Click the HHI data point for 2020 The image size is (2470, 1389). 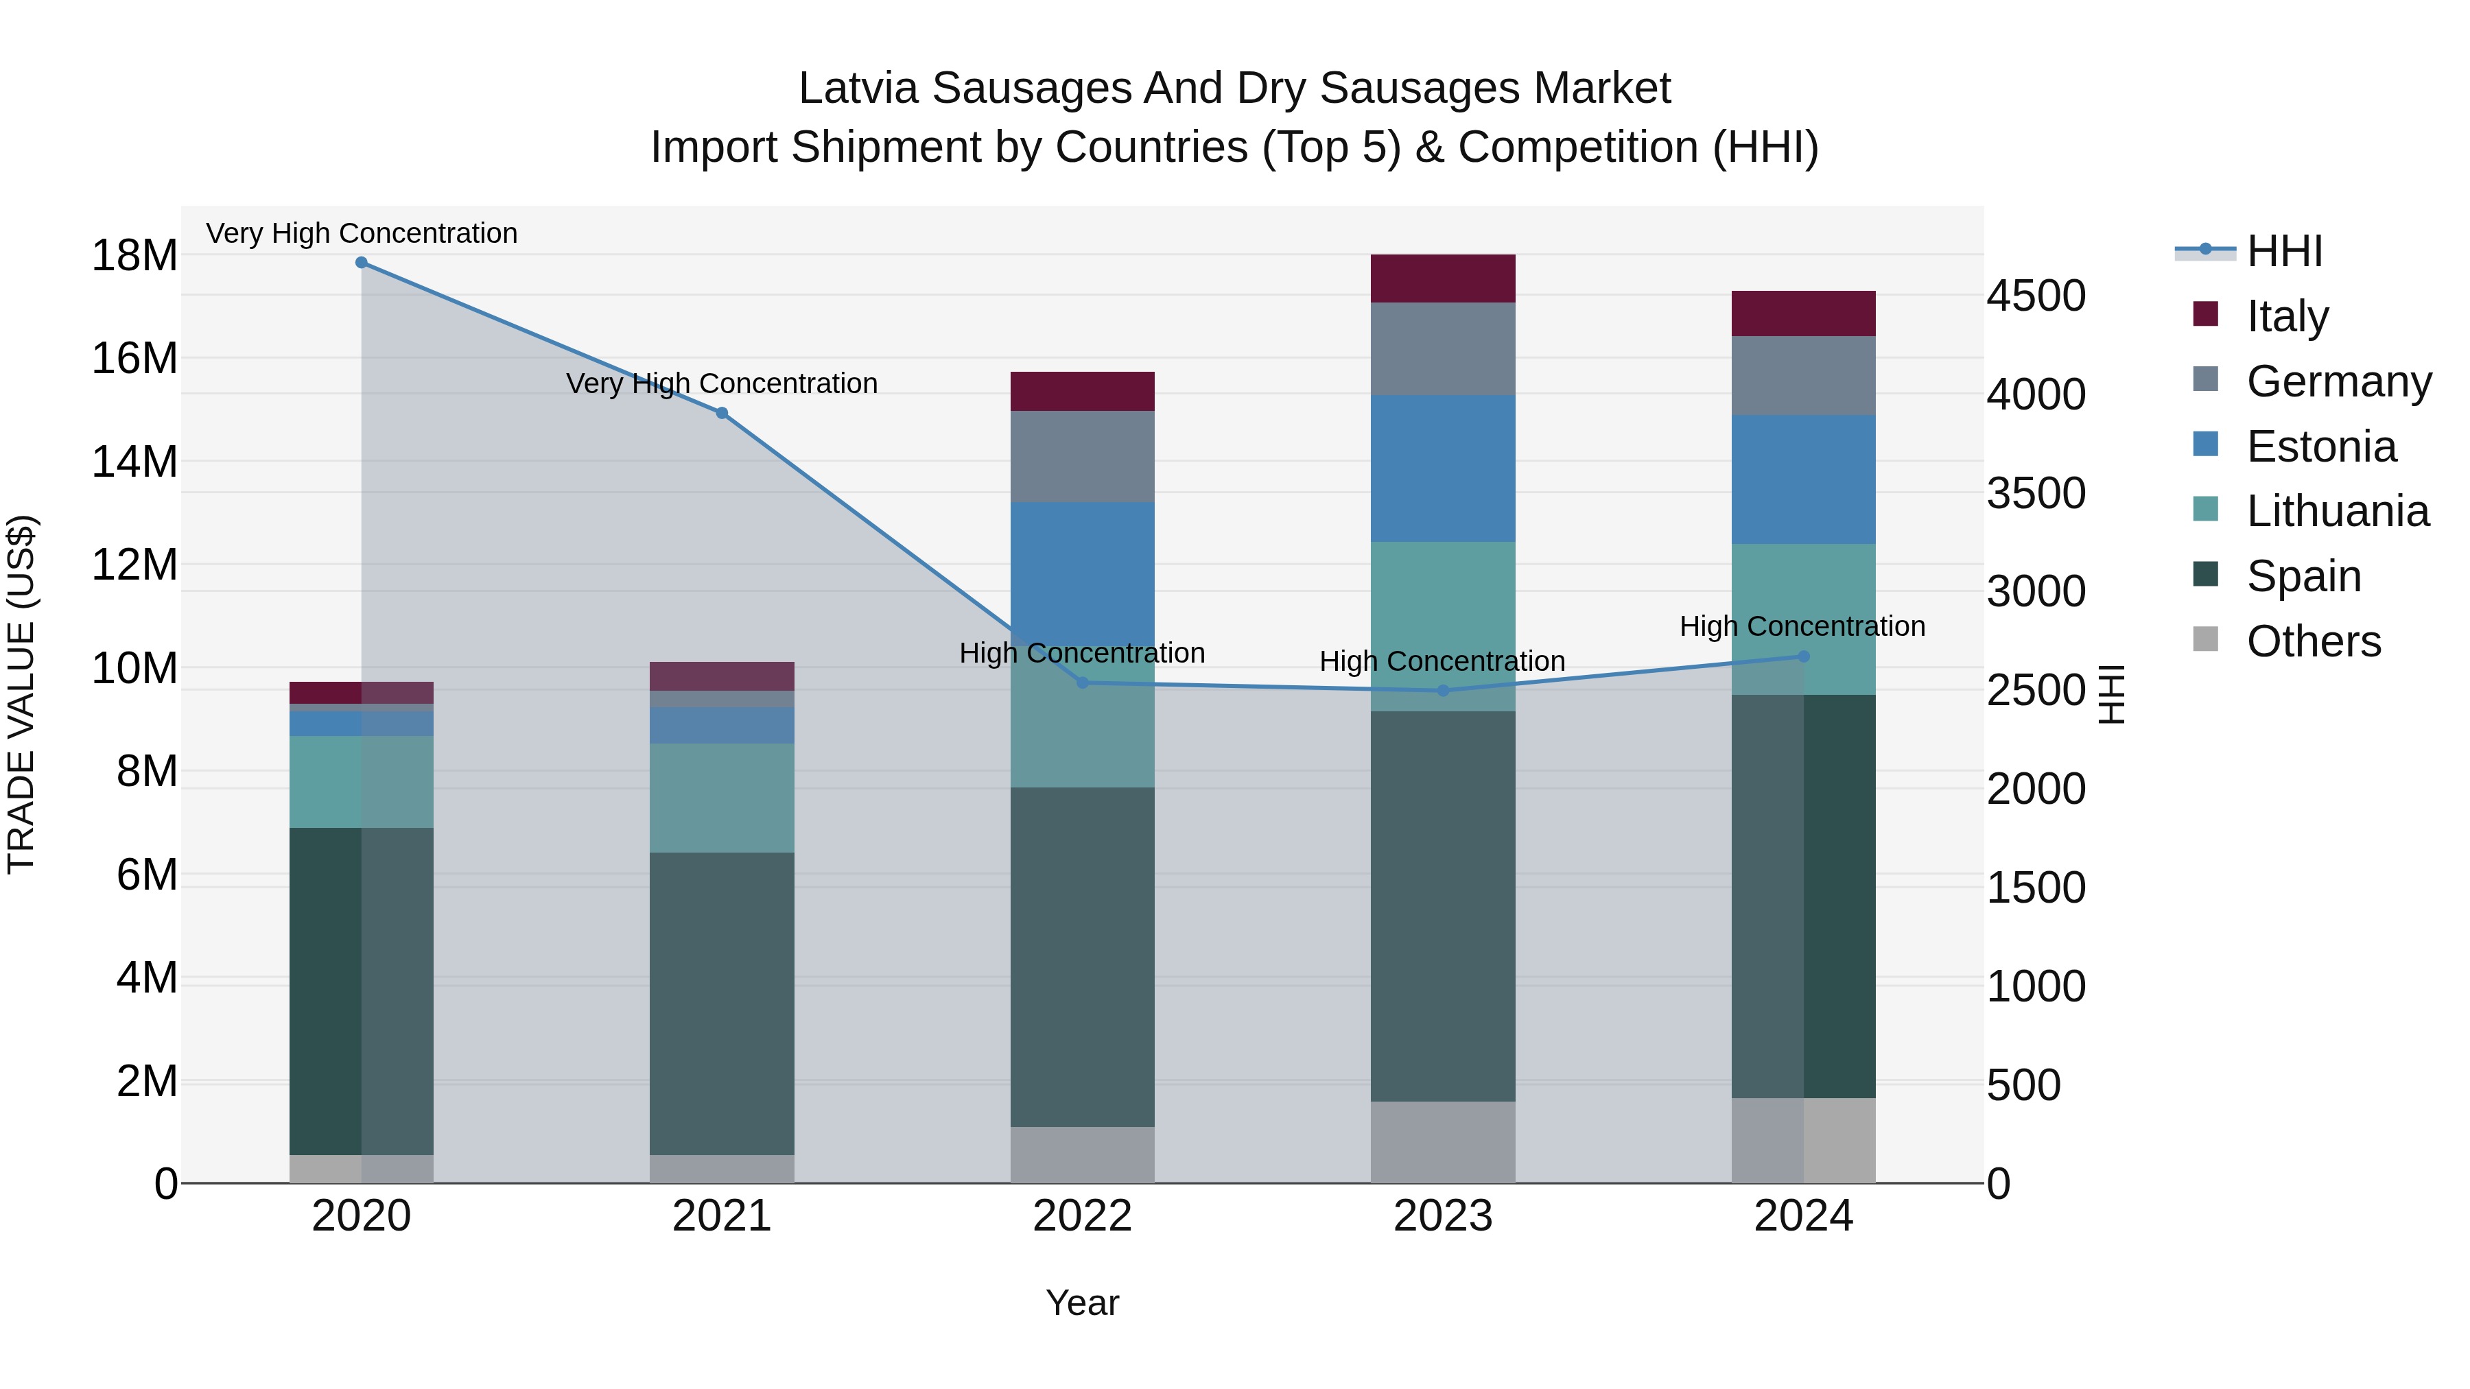[362, 263]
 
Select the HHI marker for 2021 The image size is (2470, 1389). [722, 413]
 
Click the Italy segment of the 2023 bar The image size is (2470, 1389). [1442, 279]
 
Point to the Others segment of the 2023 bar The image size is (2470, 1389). [1442, 1141]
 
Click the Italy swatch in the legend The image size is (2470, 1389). [2205, 314]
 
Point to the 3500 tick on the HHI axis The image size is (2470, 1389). [2035, 494]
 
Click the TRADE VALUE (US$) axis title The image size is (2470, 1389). [21, 694]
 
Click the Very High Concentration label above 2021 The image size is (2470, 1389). [722, 383]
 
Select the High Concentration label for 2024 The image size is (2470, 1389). [1802, 626]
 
